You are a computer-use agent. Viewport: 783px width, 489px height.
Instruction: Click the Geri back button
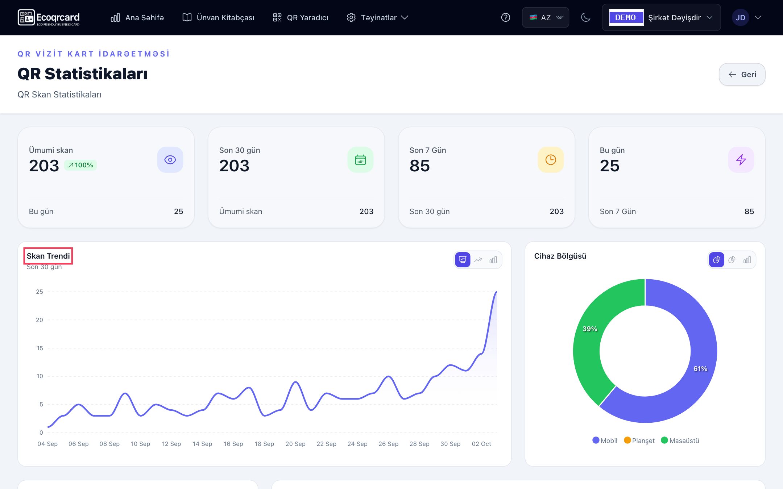point(742,75)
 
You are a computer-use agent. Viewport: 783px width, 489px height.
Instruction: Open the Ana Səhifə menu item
point(137,17)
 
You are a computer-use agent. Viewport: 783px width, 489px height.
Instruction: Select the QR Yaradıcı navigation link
point(301,17)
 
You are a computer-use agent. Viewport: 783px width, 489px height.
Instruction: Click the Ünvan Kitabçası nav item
point(218,17)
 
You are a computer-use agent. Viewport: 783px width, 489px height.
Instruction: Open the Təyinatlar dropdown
point(378,17)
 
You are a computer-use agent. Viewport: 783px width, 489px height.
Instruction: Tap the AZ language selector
point(546,17)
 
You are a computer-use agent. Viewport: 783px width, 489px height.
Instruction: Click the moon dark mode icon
point(586,17)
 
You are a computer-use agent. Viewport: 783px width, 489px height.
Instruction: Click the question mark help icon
point(506,17)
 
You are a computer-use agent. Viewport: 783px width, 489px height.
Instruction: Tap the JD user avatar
point(740,17)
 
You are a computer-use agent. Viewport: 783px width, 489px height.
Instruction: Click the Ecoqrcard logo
point(49,17)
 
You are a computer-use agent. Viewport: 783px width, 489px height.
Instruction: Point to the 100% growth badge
point(80,165)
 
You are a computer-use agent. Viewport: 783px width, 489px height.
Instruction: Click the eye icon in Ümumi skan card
point(170,160)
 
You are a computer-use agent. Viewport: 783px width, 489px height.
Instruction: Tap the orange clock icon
point(551,160)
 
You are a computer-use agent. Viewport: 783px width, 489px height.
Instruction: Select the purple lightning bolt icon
point(741,160)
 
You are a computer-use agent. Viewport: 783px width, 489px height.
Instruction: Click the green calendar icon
point(360,160)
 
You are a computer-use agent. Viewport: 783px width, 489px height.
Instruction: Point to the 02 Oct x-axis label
point(481,444)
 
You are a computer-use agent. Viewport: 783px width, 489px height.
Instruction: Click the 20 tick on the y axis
point(39,320)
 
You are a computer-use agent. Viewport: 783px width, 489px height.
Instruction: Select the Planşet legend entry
point(639,440)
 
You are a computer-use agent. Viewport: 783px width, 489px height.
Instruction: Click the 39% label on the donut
point(590,329)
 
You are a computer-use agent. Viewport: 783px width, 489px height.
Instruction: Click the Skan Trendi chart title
point(48,256)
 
